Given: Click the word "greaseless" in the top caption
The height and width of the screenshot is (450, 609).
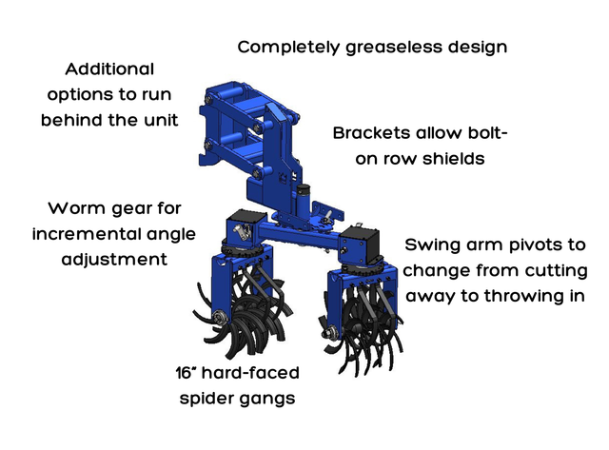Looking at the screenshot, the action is (395, 48).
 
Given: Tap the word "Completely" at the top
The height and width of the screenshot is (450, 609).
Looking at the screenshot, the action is (289, 48).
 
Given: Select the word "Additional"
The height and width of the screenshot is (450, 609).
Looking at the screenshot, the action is (109, 69).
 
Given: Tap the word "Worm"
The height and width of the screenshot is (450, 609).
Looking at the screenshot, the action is (77, 208).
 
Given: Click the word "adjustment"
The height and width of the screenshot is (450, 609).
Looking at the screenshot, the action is (114, 260).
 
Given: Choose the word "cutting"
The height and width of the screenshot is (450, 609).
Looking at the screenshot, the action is (556, 271).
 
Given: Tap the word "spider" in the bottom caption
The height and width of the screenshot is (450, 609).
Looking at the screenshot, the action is (205, 399).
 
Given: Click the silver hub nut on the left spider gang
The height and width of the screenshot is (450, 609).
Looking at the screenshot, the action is (220, 317).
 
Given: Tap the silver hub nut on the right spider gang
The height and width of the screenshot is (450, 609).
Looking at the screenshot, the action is (329, 333).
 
